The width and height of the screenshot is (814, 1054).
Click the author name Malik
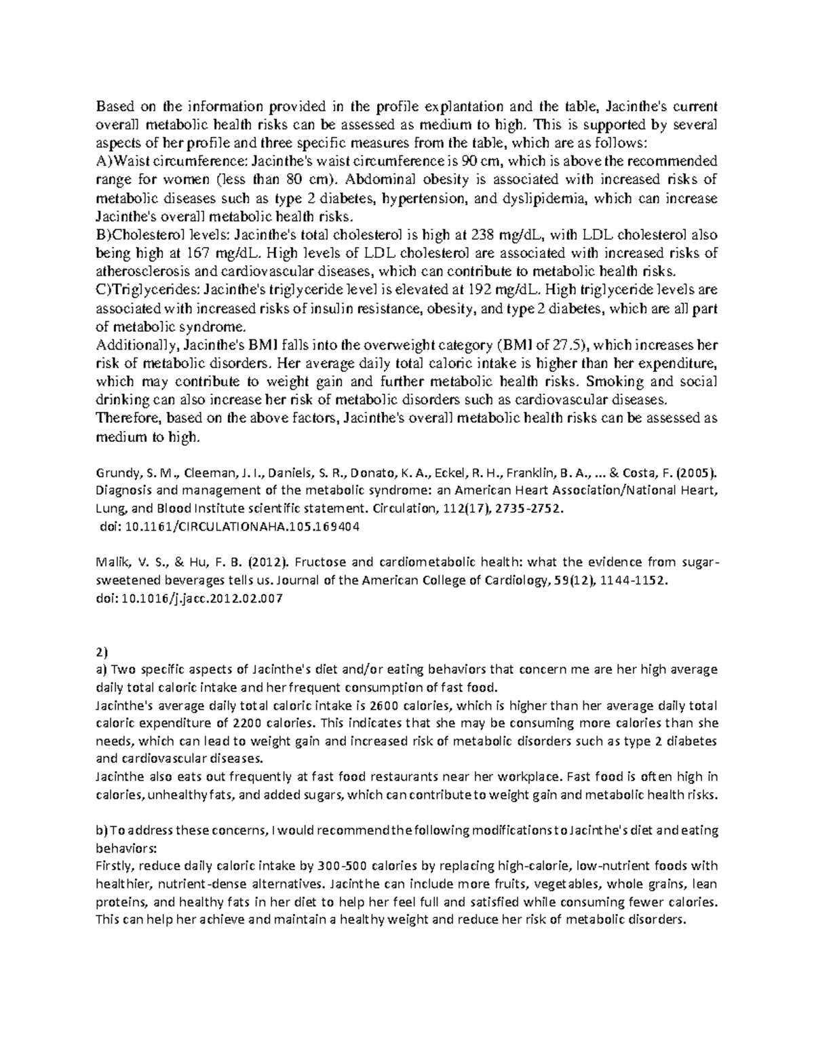[110, 563]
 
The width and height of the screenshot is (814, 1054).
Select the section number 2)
[102, 653]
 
